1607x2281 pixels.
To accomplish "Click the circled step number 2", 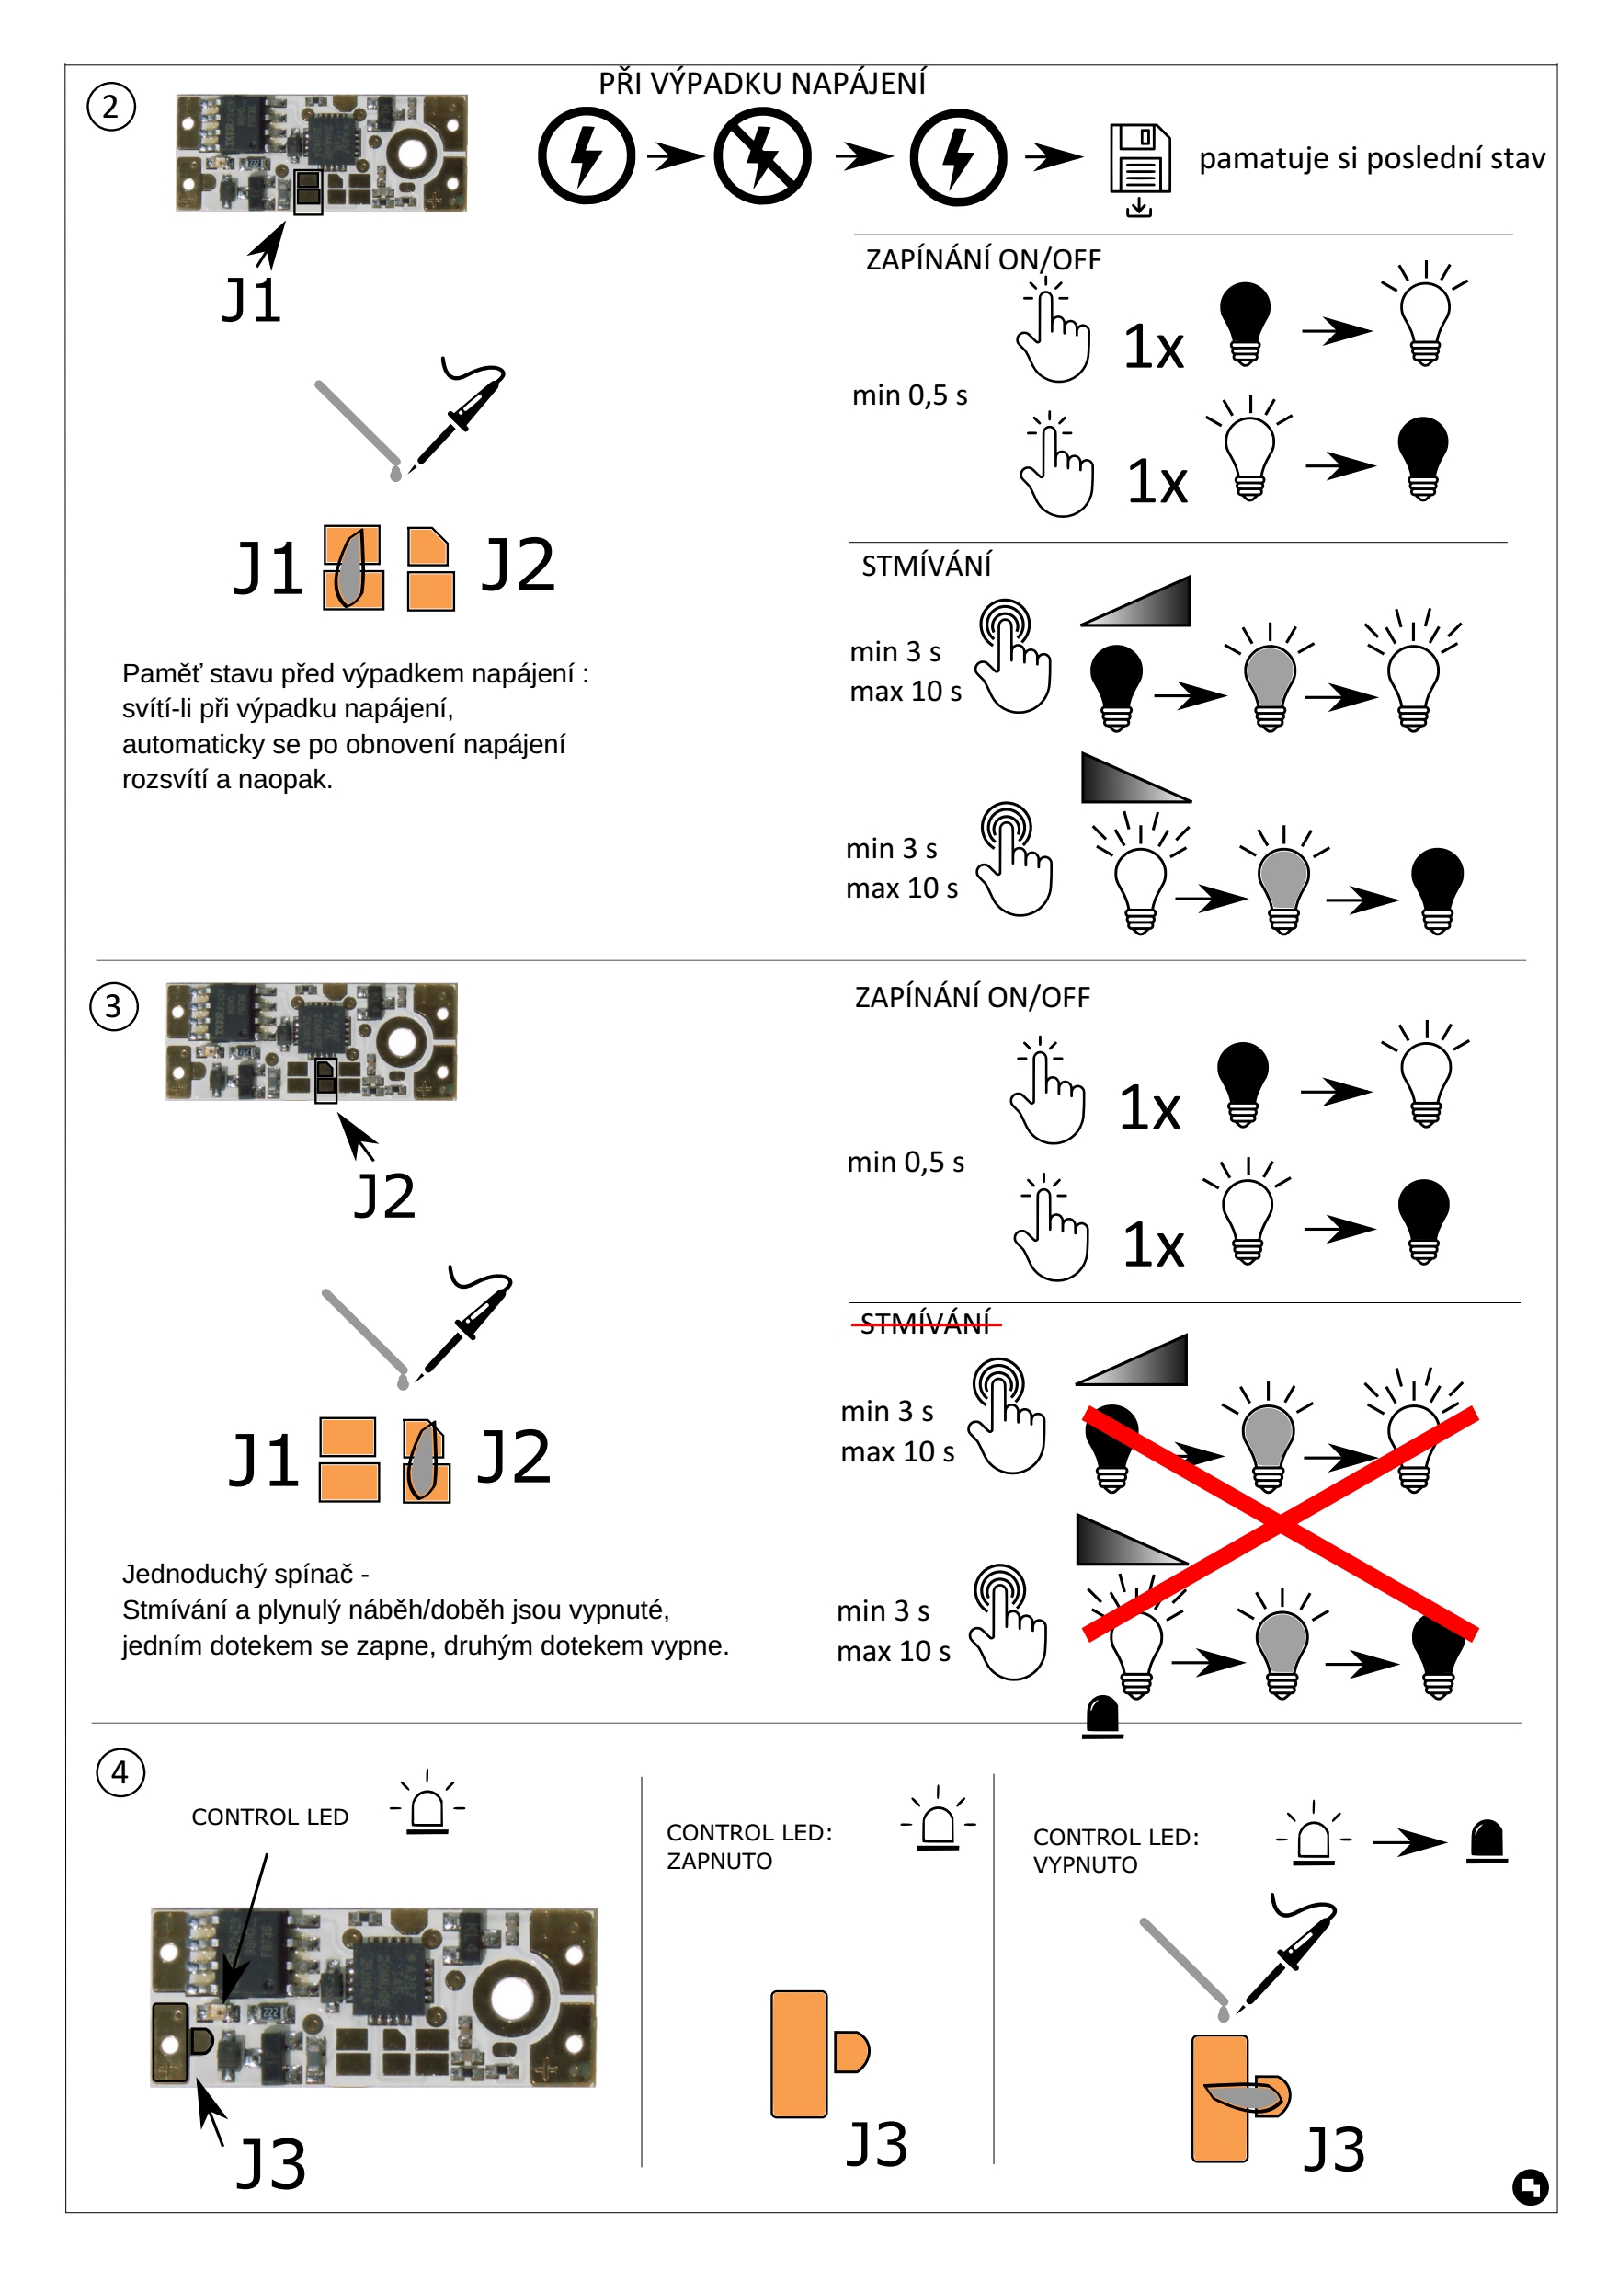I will (x=110, y=107).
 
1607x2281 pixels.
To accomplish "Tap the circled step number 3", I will (x=113, y=1006).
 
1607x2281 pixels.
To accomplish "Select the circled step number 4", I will (x=120, y=1771).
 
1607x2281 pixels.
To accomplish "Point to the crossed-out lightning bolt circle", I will (x=762, y=156).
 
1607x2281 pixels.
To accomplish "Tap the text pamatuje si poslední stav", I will (x=1371, y=158).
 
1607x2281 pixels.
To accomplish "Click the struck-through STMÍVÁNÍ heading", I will (x=925, y=1323).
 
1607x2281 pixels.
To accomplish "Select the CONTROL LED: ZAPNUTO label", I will (x=748, y=1846).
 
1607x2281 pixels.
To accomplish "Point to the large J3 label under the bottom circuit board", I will (x=270, y=2164).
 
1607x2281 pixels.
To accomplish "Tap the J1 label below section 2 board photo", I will (x=251, y=300).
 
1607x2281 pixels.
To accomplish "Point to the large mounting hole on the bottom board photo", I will (x=510, y=1998).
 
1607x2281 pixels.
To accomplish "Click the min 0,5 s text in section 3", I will (x=905, y=1162).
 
